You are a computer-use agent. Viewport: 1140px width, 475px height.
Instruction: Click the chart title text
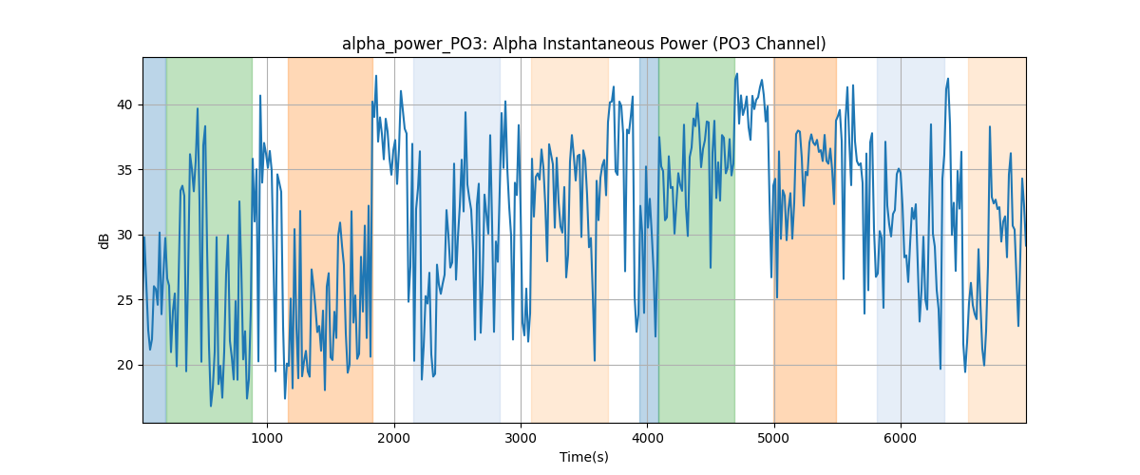click(x=583, y=44)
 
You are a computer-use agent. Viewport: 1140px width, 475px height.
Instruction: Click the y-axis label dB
click(x=104, y=240)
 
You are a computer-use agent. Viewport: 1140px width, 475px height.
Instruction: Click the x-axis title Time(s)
click(x=583, y=457)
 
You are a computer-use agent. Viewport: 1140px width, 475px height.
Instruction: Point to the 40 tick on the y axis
click(x=124, y=104)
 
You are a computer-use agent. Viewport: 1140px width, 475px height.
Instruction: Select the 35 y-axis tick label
click(x=124, y=170)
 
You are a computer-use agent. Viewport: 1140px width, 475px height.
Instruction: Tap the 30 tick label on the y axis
click(x=124, y=236)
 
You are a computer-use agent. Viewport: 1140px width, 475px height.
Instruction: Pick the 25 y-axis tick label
click(x=124, y=300)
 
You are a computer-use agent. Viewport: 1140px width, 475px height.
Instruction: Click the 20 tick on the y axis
click(x=124, y=365)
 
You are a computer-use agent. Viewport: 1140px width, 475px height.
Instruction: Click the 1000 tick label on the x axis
click(x=267, y=438)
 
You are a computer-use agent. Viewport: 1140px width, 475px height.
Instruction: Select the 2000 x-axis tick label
click(x=394, y=438)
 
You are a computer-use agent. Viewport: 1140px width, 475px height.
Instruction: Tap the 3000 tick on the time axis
click(x=521, y=438)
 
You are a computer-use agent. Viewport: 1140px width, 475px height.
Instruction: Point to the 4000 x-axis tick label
click(x=647, y=438)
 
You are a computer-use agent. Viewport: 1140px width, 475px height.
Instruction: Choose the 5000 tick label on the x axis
click(x=773, y=438)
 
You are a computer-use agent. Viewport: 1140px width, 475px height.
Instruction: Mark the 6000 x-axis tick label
click(x=901, y=438)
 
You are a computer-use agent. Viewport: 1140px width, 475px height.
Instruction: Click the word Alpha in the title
click(x=515, y=45)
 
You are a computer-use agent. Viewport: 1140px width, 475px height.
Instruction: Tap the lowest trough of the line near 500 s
click(x=211, y=406)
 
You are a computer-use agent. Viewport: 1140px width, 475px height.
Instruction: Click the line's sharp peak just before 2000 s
click(x=376, y=76)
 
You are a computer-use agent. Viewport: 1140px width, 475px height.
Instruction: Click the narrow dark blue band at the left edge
click(x=155, y=239)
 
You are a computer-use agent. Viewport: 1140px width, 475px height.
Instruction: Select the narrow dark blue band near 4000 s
click(x=649, y=239)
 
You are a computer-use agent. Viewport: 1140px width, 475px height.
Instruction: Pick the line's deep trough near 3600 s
click(x=595, y=360)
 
